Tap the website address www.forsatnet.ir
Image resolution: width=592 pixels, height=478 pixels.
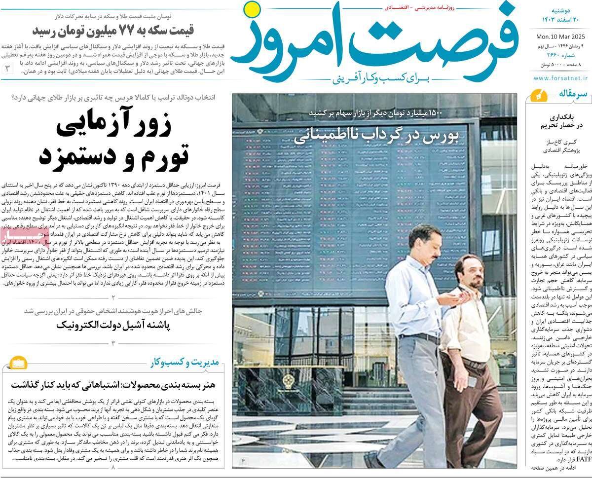tap(559, 77)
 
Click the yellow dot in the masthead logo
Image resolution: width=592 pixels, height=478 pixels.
tap(253, 8)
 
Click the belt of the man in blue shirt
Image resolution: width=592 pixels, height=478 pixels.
tap(420, 338)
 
